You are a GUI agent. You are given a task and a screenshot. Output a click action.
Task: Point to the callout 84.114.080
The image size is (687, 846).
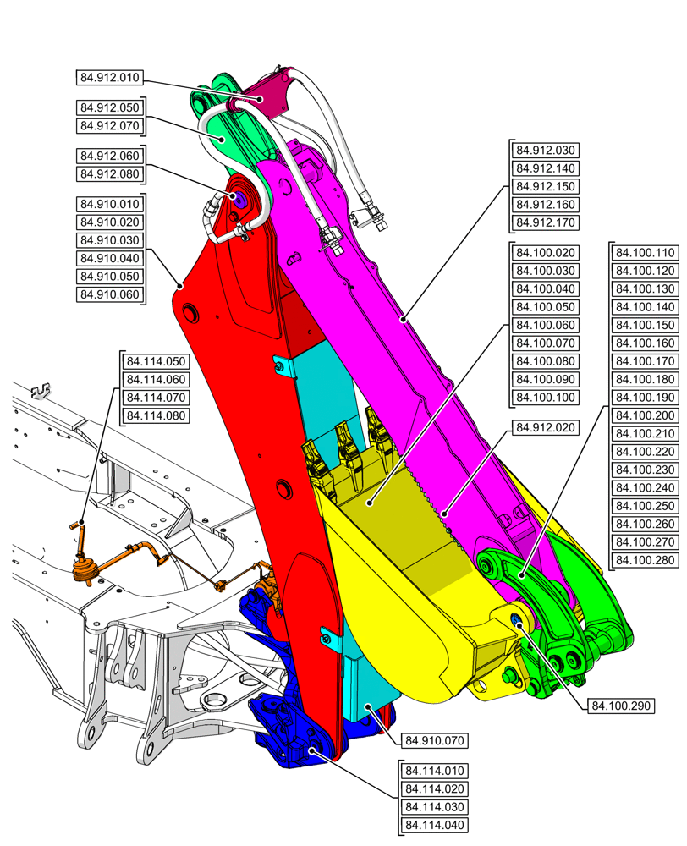tap(156, 415)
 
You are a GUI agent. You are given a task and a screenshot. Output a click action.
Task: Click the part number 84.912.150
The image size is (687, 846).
tap(546, 187)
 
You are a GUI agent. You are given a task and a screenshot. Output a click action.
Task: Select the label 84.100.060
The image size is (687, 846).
tap(546, 325)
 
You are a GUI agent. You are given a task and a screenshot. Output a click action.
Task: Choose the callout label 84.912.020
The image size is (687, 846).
tap(546, 428)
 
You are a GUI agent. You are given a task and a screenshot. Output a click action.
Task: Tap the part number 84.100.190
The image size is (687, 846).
tap(645, 397)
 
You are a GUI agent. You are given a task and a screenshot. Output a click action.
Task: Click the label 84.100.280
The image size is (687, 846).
tap(645, 559)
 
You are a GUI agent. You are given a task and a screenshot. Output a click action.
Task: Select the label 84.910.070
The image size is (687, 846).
tap(435, 741)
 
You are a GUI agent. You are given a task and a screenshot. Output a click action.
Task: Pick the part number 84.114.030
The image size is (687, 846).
tap(435, 807)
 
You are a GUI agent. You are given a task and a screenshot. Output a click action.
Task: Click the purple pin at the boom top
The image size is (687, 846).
tap(238, 199)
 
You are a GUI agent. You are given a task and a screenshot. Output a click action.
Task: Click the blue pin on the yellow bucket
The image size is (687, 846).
tap(517, 621)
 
